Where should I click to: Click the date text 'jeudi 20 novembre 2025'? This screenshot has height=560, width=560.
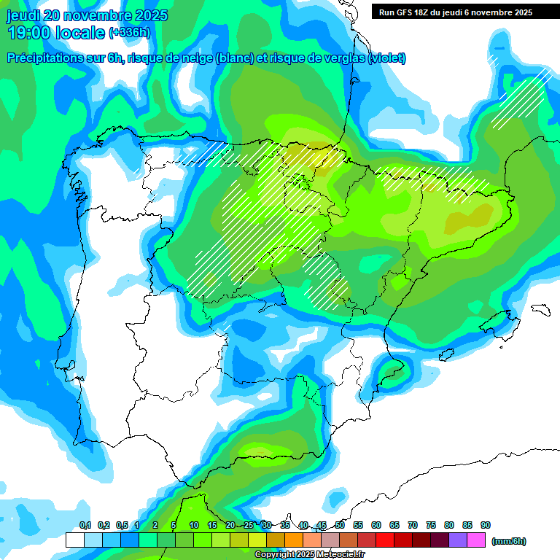tap(87, 15)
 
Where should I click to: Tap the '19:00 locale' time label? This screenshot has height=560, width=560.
tap(56, 33)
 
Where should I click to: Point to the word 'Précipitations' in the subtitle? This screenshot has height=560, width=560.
tap(43, 58)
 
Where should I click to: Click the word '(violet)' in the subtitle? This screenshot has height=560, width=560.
tap(387, 58)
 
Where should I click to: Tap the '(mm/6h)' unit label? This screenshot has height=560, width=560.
tap(508, 541)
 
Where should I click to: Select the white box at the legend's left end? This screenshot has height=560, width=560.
tap(75, 540)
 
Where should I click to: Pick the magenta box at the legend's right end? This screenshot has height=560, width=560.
tap(476, 540)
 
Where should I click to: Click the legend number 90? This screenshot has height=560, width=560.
tap(485, 525)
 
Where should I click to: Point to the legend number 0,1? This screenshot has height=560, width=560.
tap(85, 525)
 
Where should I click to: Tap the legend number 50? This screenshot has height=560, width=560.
tap(340, 525)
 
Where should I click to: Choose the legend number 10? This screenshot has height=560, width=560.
tap(194, 525)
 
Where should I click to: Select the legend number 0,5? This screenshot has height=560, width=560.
tap(122, 525)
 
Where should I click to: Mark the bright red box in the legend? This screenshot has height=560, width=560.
tap(385, 540)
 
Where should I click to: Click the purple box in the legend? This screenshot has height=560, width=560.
tap(458, 540)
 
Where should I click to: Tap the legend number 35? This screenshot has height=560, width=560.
tap(285, 525)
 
